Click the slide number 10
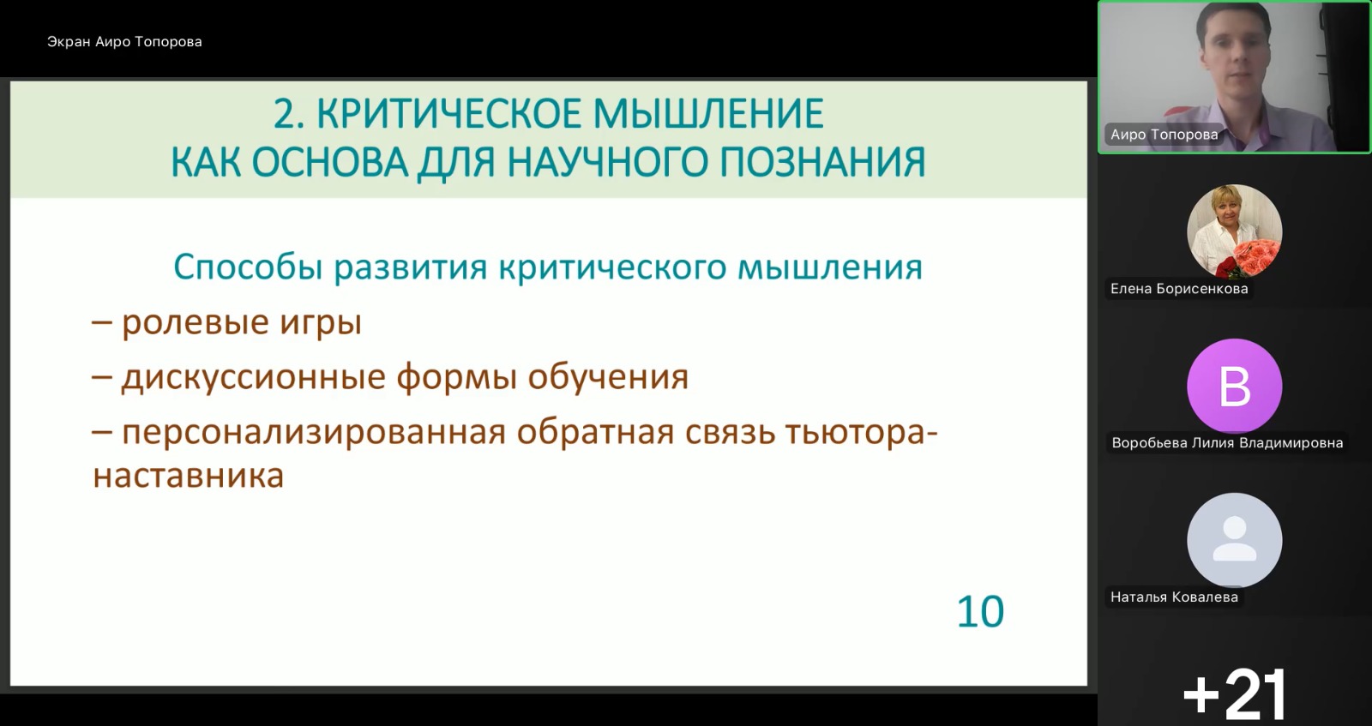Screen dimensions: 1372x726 (980, 611)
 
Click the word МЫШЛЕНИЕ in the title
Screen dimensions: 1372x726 (709, 114)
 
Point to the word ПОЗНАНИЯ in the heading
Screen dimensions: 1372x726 (822, 163)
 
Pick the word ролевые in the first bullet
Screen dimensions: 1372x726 (195, 322)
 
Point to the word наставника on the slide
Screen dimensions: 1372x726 (188, 477)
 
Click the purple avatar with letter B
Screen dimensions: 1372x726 (1234, 386)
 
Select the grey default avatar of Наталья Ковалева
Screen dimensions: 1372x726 (1234, 540)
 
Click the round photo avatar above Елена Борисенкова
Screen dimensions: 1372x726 (1234, 231)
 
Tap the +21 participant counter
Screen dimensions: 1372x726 (1234, 694)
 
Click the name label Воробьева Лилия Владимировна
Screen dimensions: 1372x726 (1227, 442)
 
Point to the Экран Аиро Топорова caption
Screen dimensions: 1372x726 (124, 42)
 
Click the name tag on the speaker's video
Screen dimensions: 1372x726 (1164, 135)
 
